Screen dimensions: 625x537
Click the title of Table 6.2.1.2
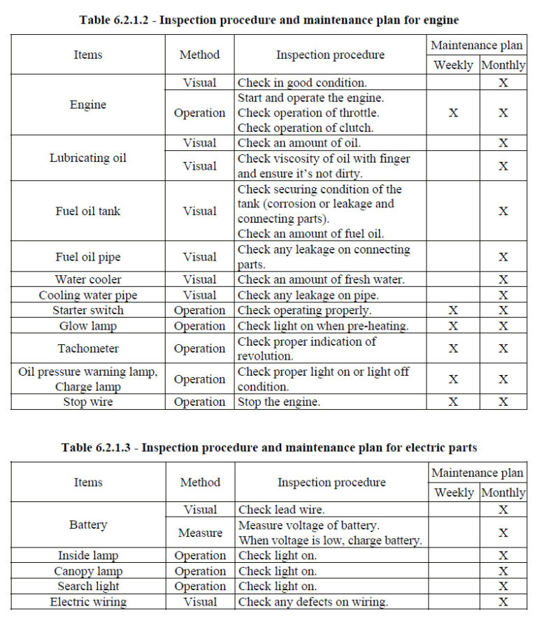click(268, 20)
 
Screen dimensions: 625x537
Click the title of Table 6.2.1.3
click(269, 447)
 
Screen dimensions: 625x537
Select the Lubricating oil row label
click(88, 158)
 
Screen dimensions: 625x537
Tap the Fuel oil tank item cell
click(88, 211)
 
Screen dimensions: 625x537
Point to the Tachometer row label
click(88, 348)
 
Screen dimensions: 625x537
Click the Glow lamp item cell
click(88, 326)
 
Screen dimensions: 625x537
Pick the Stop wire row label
click(88, 402)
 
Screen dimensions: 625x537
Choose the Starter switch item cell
click(88, 311)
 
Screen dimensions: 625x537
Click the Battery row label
click(88, 524)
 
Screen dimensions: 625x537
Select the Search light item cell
click(88, 587)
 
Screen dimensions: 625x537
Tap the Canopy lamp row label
click(88, 571)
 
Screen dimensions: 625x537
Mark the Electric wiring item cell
click(88, 602)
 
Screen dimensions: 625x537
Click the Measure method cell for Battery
click(200, 533)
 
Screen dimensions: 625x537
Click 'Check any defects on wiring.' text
click(313, 602)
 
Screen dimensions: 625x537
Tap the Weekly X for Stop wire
click(453, 402)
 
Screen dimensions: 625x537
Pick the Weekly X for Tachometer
click(453, 348)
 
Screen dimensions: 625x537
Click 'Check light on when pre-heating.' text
click(323, 326)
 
